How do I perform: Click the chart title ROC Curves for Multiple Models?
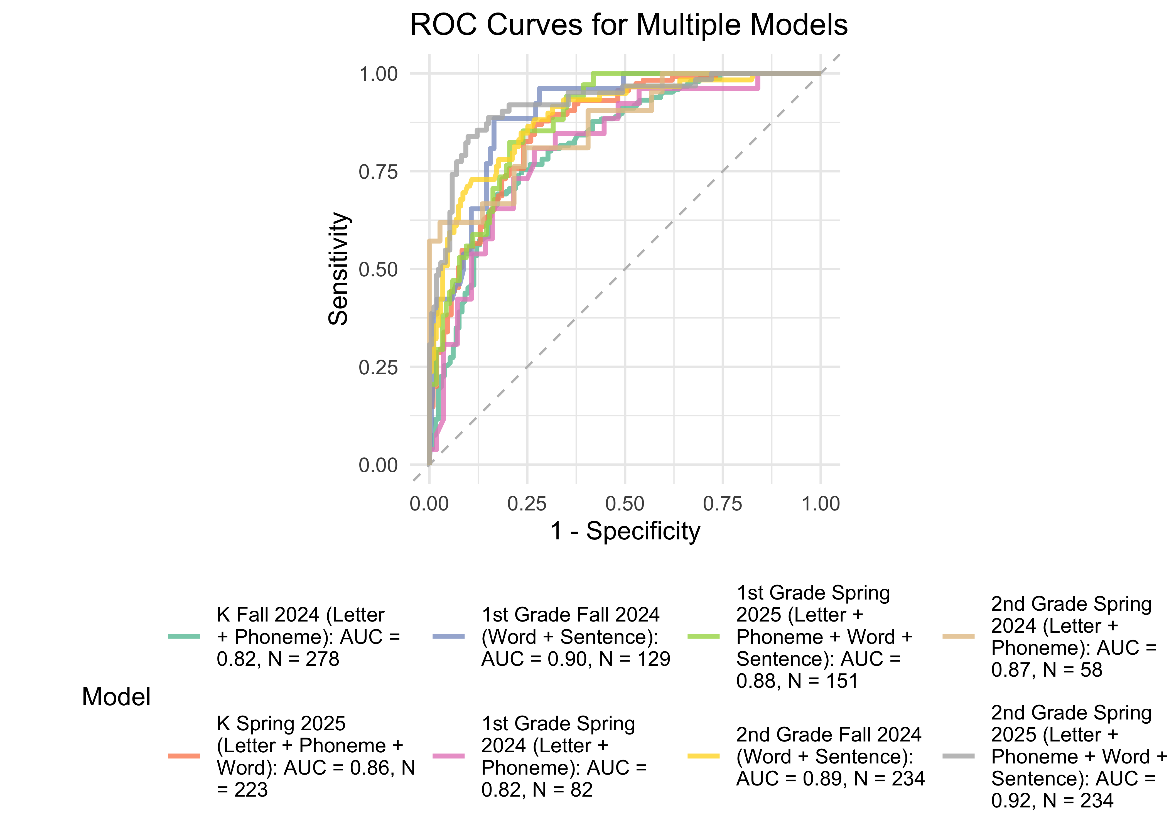pos(628,25)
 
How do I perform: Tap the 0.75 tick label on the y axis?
pos(378,172)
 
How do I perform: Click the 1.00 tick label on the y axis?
pos(378,74)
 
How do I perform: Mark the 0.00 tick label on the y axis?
pos(378,465)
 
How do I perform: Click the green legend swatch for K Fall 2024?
pos(184,637)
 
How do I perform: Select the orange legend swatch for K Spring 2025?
pos(184,756)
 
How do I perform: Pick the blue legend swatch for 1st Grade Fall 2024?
pos(448,637)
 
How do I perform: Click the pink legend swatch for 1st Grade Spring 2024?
pos(448,756)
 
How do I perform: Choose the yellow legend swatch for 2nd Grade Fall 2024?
pos(703,756)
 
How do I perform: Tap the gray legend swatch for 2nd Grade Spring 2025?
pos(958,756)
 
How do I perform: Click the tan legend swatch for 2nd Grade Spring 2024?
pos(958,637)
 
